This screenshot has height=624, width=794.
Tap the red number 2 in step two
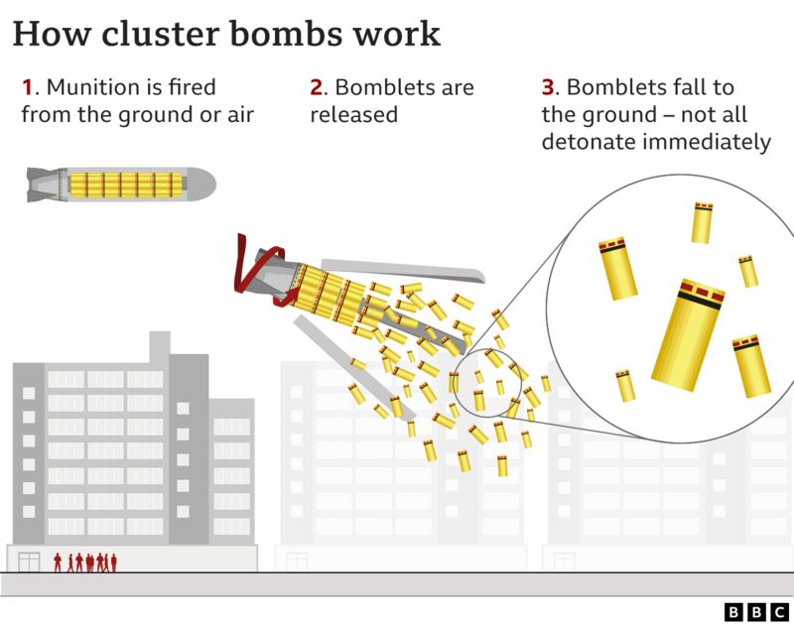[316, 88]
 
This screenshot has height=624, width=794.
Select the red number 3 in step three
[547, 88]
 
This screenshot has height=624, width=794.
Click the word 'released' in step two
[353, 115]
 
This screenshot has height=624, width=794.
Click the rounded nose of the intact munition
[203, 184]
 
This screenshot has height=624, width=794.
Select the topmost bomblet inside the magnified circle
[702, 222]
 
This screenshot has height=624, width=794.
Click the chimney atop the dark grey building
[159, 347]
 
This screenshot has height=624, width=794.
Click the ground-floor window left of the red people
[30, 562]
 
